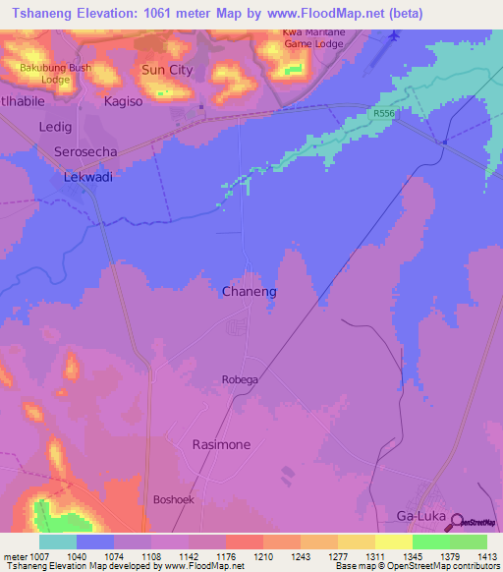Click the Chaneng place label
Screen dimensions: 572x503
(250, 292)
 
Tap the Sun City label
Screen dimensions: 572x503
(167, 70)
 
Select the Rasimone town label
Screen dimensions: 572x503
(220, 444)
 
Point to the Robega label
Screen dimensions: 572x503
(240, 379)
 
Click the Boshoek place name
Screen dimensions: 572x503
(175, 499)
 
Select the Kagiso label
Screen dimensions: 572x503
(124, 102)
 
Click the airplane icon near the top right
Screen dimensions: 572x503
(395, 36)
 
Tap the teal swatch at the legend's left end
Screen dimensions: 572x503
(57, 542)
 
